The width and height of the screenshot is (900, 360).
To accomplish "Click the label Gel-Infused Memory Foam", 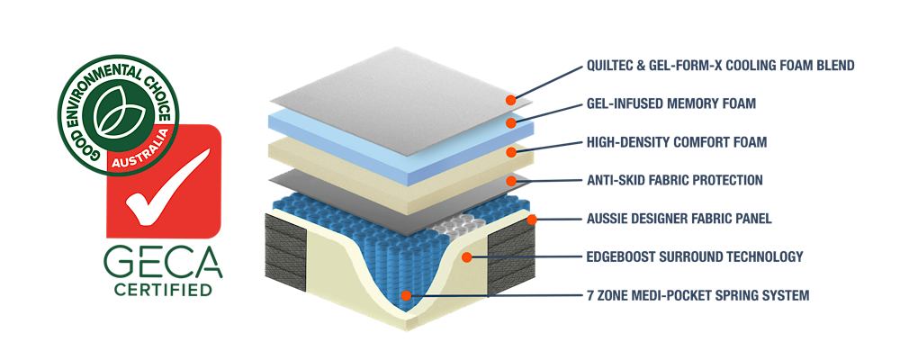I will point(670,103).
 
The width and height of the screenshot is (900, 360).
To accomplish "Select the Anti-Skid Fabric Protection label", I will point(674,180).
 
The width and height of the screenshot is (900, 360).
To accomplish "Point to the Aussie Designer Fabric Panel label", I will point(679,219).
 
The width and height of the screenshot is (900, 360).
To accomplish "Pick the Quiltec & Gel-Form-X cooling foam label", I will point(720,66).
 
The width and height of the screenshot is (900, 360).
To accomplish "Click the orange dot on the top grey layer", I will point(510,101).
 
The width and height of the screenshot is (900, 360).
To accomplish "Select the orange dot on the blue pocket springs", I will point(407,294).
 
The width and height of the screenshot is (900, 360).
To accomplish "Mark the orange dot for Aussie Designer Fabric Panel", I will point(532,219).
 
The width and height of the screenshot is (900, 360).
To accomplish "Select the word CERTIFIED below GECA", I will point(163,290).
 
